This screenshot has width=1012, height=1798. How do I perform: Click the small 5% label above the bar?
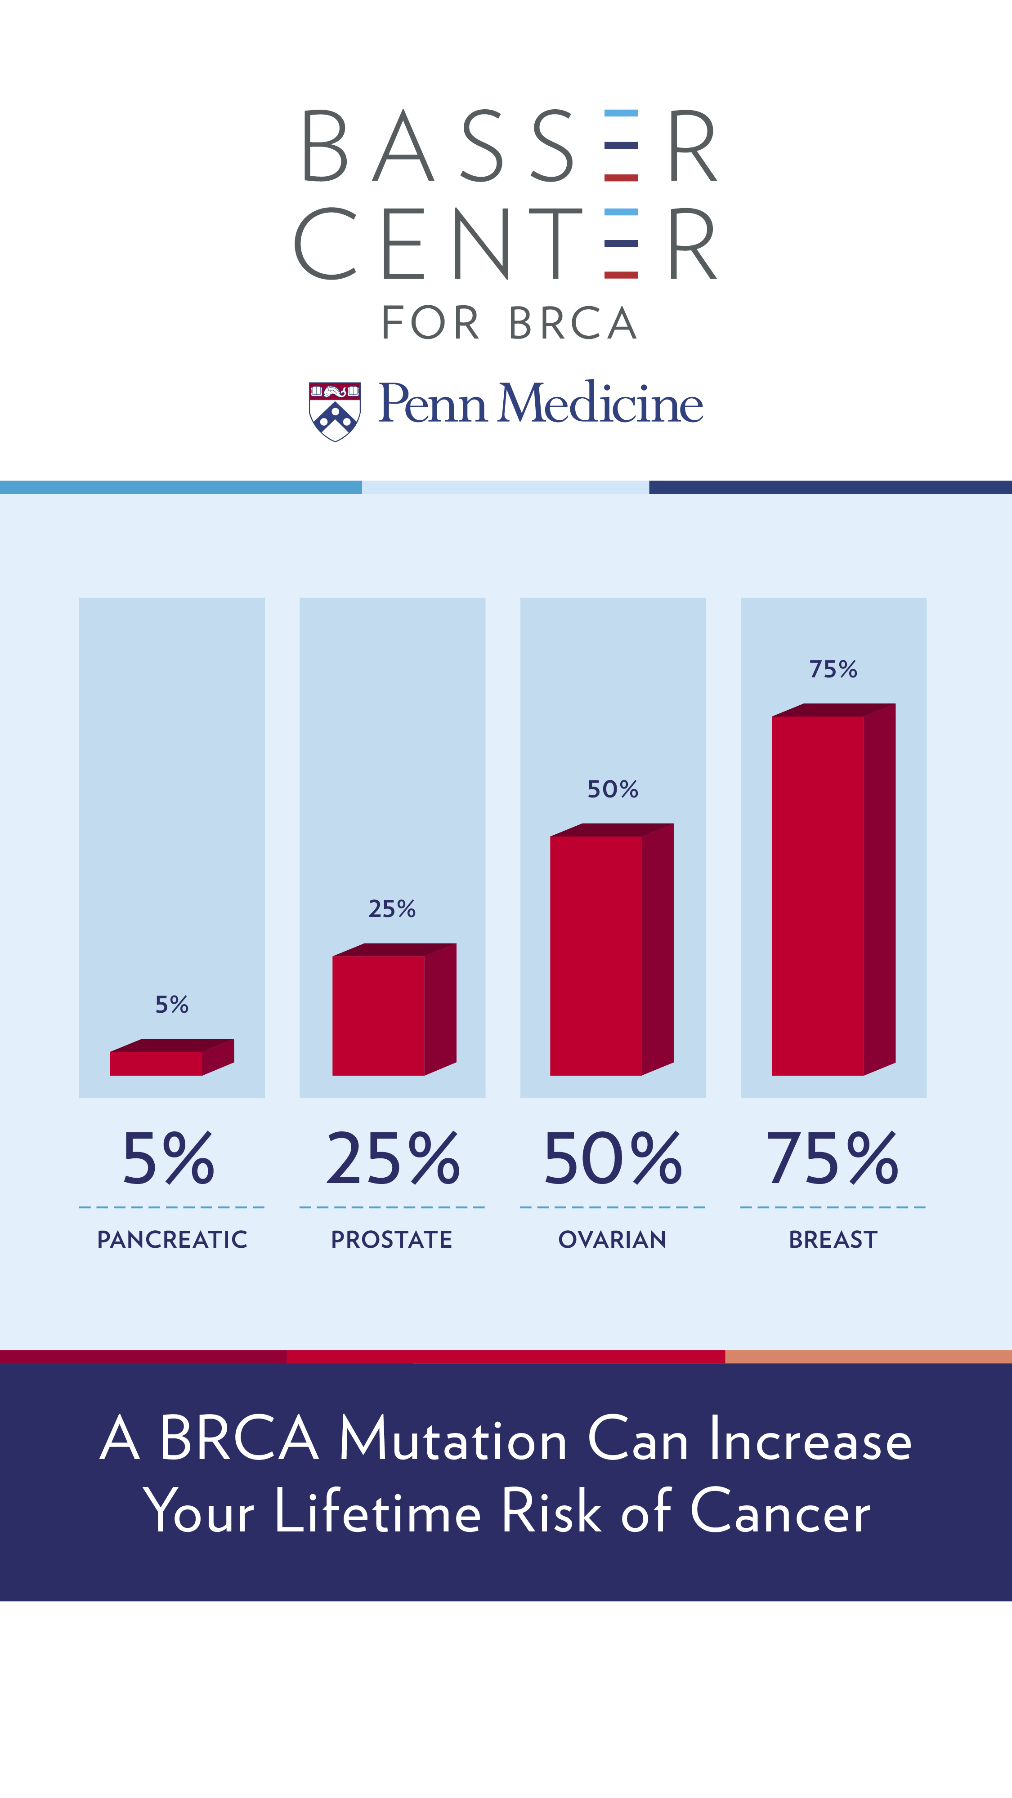pos(172,1004)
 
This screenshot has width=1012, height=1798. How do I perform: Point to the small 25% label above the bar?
pos(392,909)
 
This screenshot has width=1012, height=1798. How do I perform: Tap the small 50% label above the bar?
pos(613,789)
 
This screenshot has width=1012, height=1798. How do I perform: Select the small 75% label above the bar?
pos(833,669)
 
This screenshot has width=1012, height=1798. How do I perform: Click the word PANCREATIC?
pos(172,1240)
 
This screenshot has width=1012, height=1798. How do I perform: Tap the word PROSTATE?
pos(392,1240)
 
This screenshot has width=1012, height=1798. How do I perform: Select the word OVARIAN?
pos(613,1240)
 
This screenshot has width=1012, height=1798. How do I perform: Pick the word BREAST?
pos(833,1240)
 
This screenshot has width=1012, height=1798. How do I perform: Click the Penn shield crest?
pos(335,411)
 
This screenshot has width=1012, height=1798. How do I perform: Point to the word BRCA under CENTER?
pos(573,323)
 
